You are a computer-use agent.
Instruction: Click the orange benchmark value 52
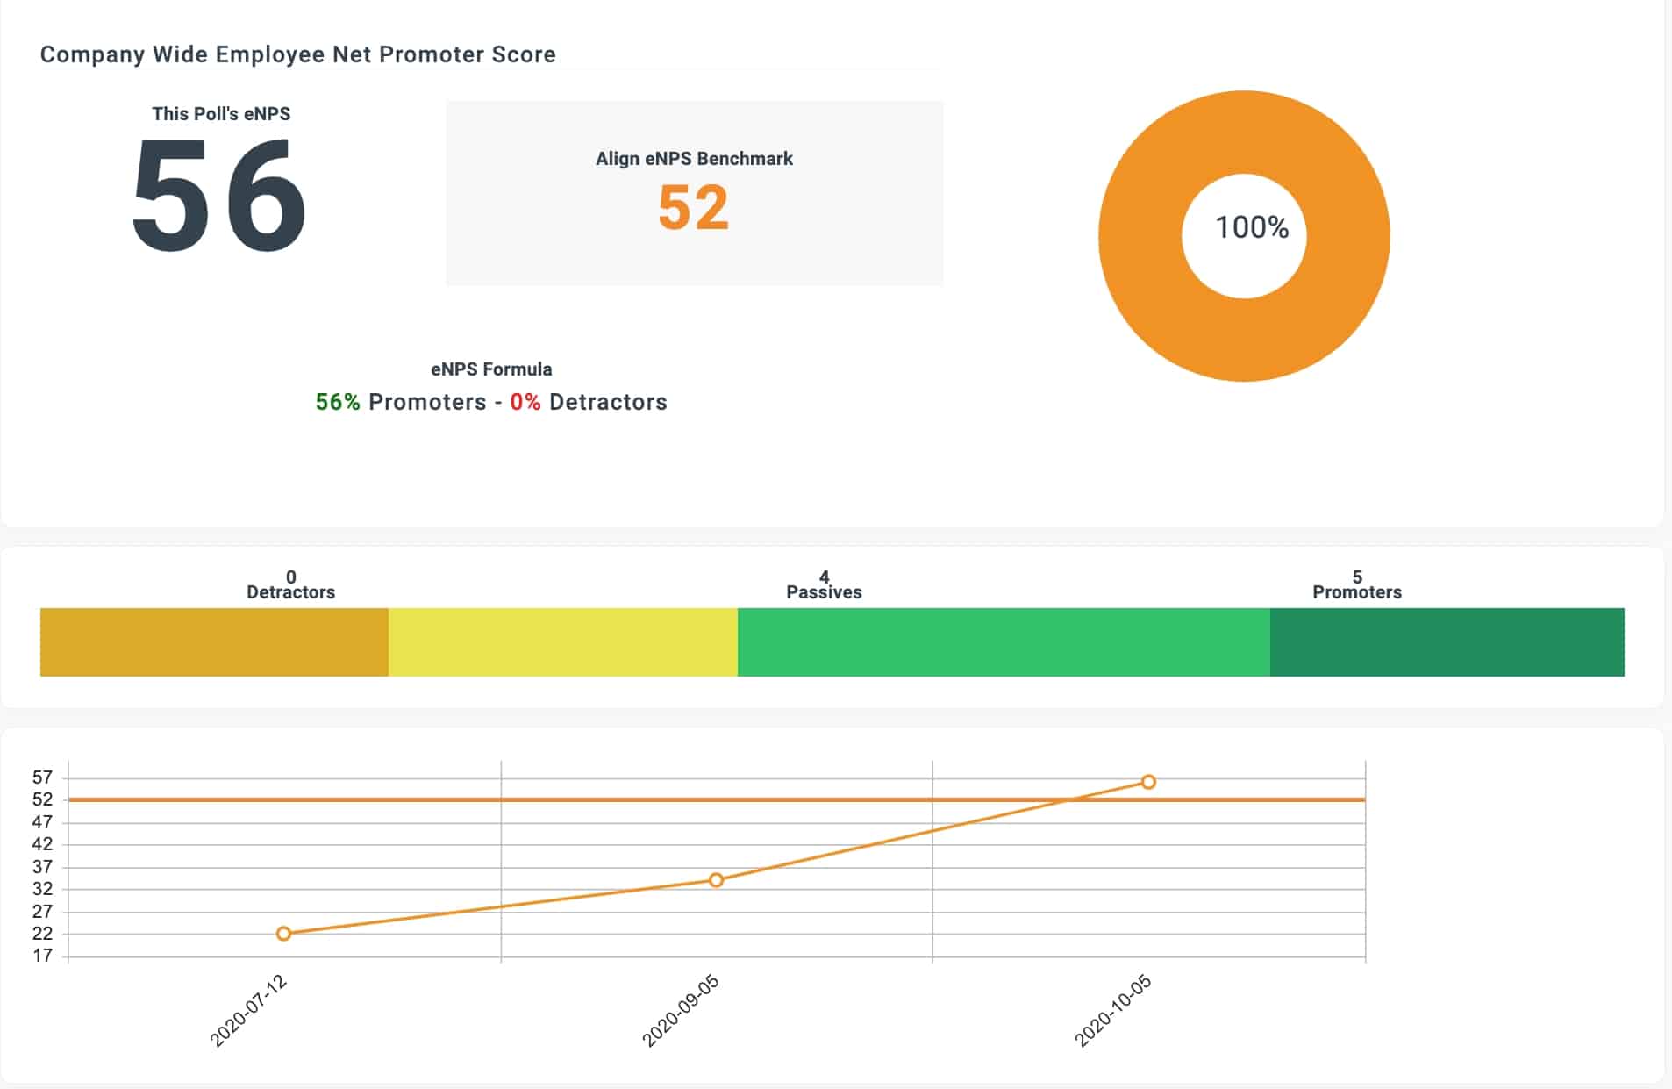click(693, 208)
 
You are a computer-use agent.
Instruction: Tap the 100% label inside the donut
click(1251, 228)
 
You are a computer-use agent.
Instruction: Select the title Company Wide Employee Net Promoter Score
click(297, 54)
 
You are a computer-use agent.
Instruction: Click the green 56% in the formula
click(338, 402)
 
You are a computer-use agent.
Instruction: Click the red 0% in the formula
click(525, 402)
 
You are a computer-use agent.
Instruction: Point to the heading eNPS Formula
click(491, 369)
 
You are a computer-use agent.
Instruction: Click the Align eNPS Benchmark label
click(694, 159)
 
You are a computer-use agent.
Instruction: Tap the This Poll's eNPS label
click(221, 114)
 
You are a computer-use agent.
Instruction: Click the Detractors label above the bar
click(290, 592)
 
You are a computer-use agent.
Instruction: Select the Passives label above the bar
click(824, 592)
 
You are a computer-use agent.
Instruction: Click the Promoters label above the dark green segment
click(1356, 592)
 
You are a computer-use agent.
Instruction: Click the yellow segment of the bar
click(562, 642)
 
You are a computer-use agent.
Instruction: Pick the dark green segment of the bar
click(1447, 642)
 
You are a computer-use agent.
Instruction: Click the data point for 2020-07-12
click(283, 934)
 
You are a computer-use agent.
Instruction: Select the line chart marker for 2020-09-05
click(716, 880)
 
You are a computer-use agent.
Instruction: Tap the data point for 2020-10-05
click(1148, 782)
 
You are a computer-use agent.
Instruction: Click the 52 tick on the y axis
click(42, 799)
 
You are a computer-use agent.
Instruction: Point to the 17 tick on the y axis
click(42, 956)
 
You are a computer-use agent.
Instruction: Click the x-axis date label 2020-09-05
click(681, 1011)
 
